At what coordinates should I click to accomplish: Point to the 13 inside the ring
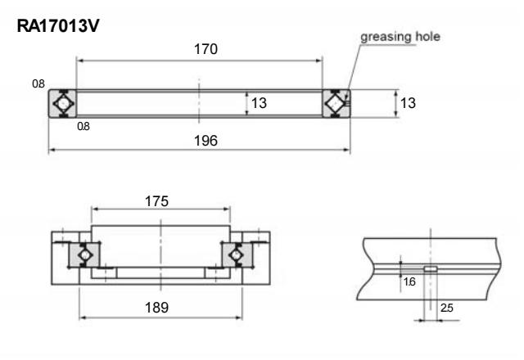click(x=259, y=104)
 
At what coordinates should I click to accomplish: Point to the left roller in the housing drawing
click(x=84, y=255)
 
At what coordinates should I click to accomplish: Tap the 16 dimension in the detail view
click(x=409, y=280)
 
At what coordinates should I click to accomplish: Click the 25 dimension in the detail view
click(x=447, y=308)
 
